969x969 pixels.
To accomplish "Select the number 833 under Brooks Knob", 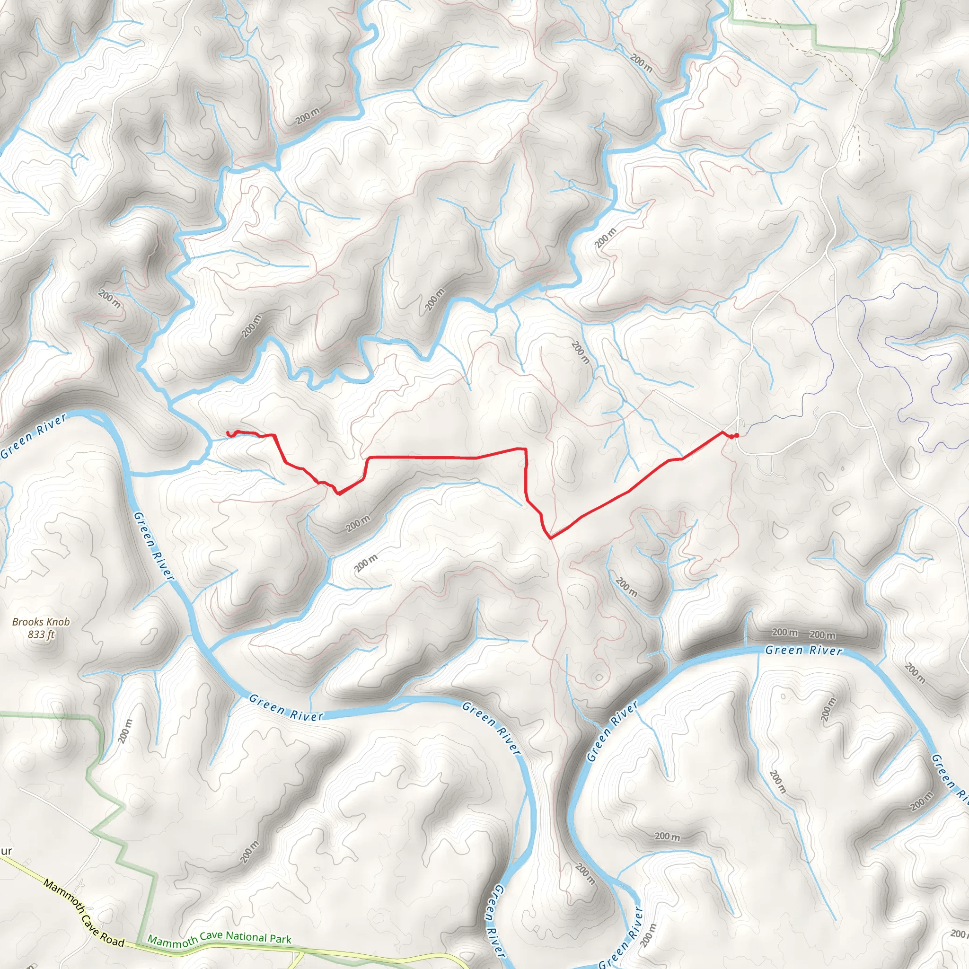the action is point(36,634).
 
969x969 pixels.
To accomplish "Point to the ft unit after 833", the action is point(50,634).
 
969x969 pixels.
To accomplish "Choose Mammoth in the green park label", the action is point(173,942).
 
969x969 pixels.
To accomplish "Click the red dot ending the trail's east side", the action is point(736,435).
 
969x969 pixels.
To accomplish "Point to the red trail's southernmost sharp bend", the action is point(551,538).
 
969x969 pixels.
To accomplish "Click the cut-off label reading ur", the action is point(6,851).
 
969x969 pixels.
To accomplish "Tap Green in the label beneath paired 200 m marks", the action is point(780,650).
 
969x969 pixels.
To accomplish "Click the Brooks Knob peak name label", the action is point(41,628).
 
